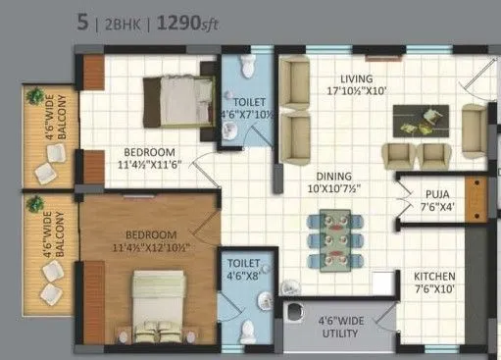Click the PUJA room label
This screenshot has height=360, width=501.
(436, 194)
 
